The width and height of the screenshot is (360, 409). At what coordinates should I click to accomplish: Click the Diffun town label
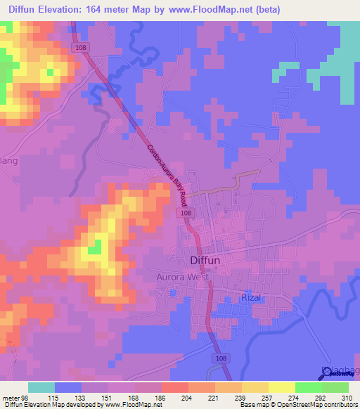pos(207,260)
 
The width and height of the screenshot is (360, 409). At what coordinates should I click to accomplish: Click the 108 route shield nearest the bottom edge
pos(221,358)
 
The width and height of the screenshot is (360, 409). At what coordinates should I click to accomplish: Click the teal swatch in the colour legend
pos(41,388)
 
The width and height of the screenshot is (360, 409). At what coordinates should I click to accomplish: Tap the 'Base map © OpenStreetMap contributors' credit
pos(296,405)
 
